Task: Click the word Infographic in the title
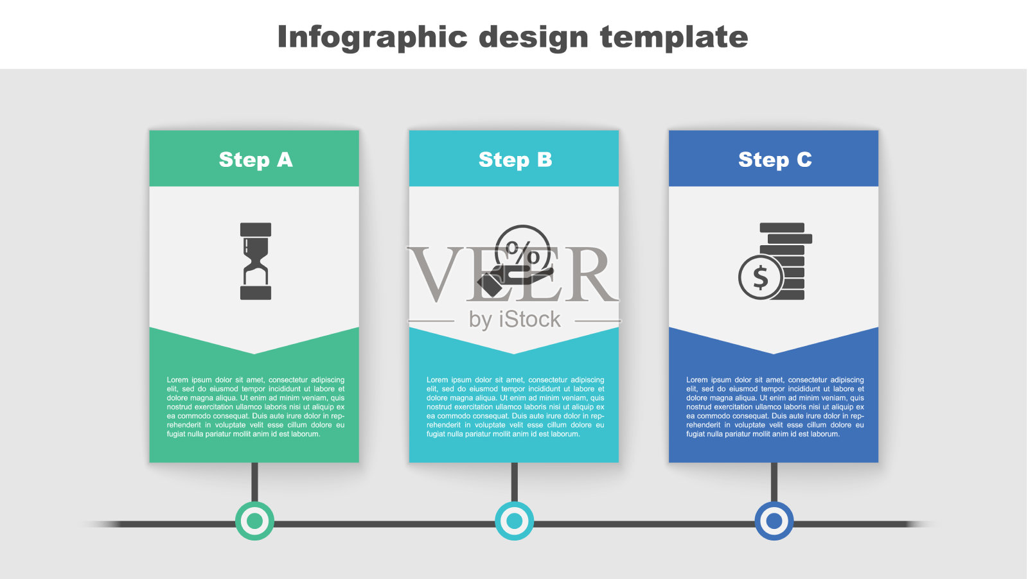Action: pyautogui.click(x=372, y=37)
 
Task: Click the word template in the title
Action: pyautogui.click(x=674, y=37)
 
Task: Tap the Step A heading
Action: pyautogui.click(x=256, y=160)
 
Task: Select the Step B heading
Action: pyautogui.click(x=515, y=160)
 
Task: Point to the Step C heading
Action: pyautogui.click(x=775, y=160)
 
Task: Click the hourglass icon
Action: pyautogui.click(x=256, y=261)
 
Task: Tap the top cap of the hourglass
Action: pyautogui.click(x=256, y=229)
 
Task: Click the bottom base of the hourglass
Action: pyautogui.click(x=256, y=293)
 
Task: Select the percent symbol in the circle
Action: pyautogui.click(x=523, y=251)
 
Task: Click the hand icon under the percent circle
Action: pyautogui.click(x=514, y=281)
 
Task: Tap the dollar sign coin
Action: pyautogui.click(x=761, y=277)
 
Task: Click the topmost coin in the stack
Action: pyautogui.click(x=782, y=227)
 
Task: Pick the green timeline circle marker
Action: pyautogui.click(x=254, y=521)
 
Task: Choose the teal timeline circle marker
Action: pyautogui.click(x=514, y=521)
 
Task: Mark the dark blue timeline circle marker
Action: pyautogui.click(x=774, y=521)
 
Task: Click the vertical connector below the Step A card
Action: pyautogui.click(x=254, y=482)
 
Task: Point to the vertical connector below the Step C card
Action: pyautogui.click(x=774, y=482)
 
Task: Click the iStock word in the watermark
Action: pyautogui.click(x=529, y=319)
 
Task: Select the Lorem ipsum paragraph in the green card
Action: pyautogui.click(x=256, y=406)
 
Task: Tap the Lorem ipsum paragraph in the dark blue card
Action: pyautogui.click(x=775, y=406)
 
